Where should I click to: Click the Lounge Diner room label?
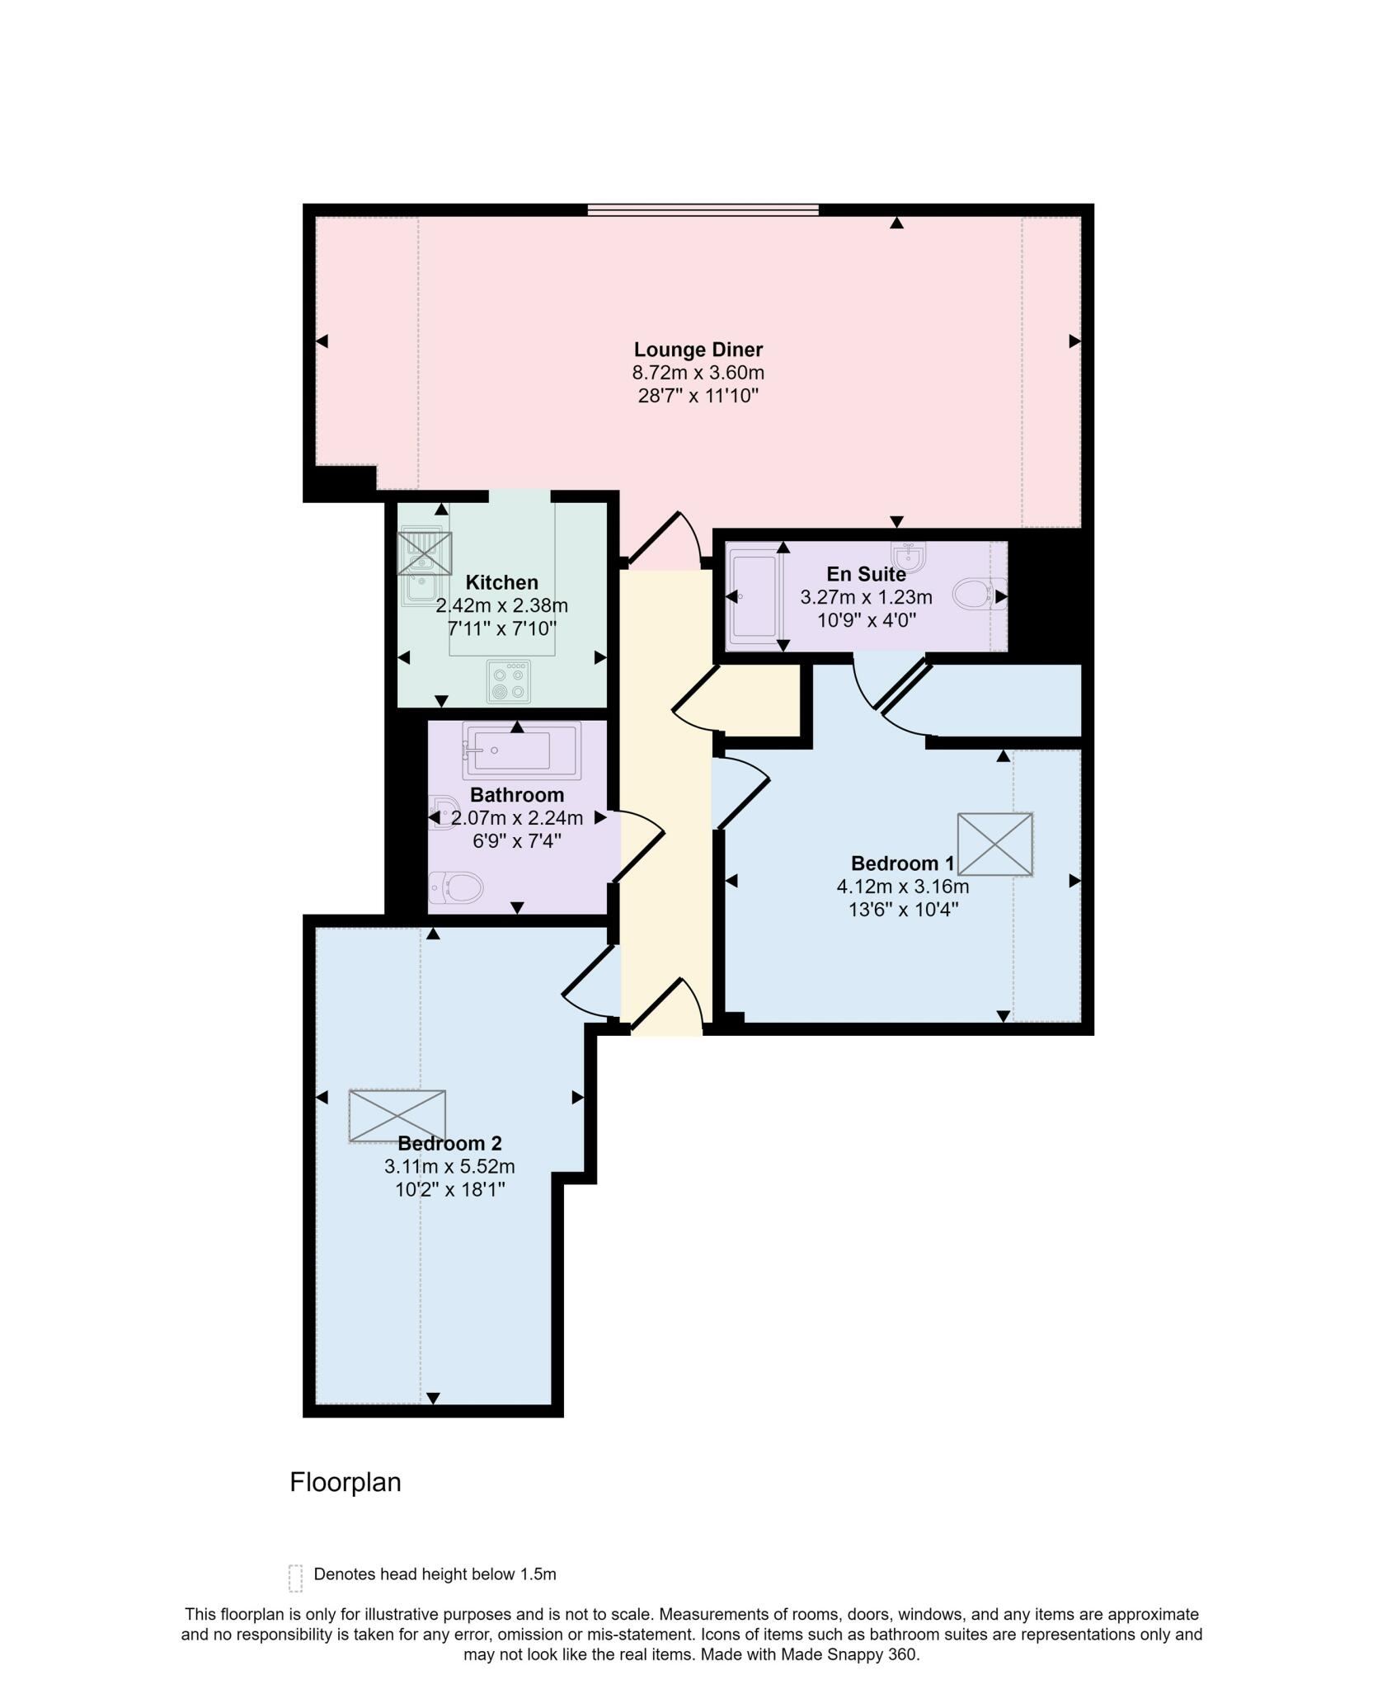pyautogui.click(x=698, y=350)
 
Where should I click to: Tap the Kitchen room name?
pyautogui.click(x=501, y=582)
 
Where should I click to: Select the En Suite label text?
pyautogui.click(x=866, y=574)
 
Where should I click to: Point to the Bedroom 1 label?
pyautogui.click(x=902, y=863)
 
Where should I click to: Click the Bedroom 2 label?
pyautogui.click(x=449, y=1143)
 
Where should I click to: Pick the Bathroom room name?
pyautogui.click(x=517, y=795)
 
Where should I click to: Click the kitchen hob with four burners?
pyautogui.click(x=508, y=681)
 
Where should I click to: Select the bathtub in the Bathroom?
pyautogui.click(x=521, y=750)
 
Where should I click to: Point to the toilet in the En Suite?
pyautogui.click(x=978, y=594)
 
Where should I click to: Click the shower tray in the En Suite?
pyautogui.click(x=752, y=597)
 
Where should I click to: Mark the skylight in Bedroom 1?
pyautogui.click(x=995, y=844)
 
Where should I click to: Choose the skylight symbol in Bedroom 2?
pyautogui.click(x=397, y=1116)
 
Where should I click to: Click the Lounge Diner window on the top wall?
pyautogui.click(x=703, y=210)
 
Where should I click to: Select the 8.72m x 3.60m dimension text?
pyautogui.click(x=698, y=373)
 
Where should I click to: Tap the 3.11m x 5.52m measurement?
pyautogui.click(x=449, y=1167)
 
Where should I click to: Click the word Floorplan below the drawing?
pyautogui.click(x=345, y=1482)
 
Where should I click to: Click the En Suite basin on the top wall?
pyautogui.click(x=909, y=551)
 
